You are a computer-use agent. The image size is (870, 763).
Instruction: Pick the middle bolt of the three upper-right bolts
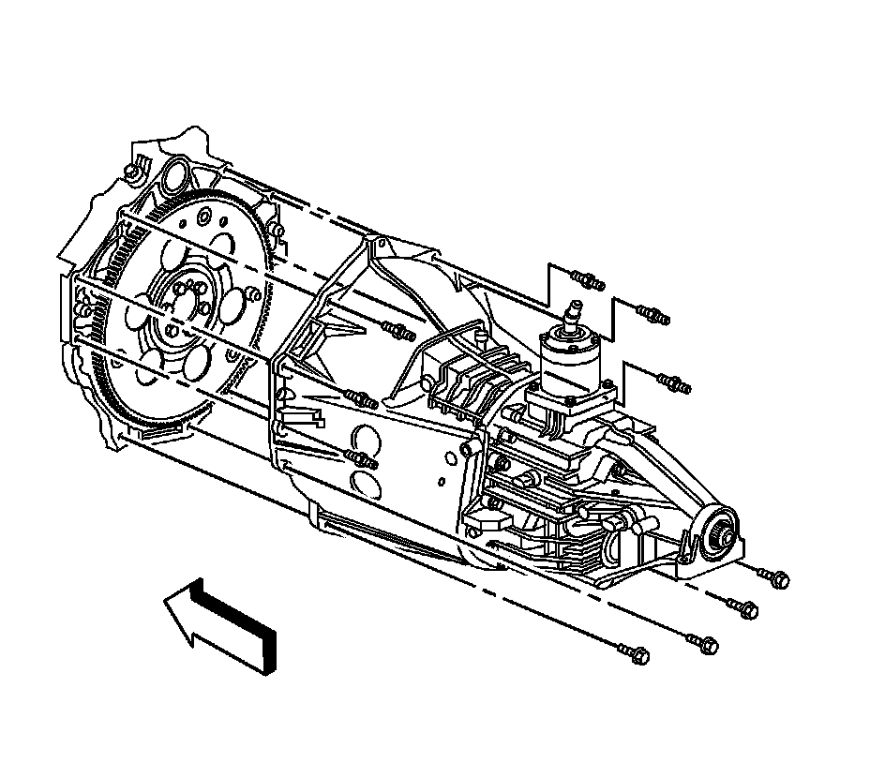click(652, 314)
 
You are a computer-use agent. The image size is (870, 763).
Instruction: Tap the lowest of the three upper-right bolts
click(674, 382)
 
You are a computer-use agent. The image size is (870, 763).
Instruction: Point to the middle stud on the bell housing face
click(362, 399)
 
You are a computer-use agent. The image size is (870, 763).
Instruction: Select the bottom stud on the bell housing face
click(362, 459)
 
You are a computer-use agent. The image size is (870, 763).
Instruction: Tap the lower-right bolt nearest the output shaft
click(774, 578)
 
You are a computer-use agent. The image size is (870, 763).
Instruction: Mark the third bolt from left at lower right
click(742, 607)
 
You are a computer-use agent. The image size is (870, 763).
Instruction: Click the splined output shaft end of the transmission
click(723, 533)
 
